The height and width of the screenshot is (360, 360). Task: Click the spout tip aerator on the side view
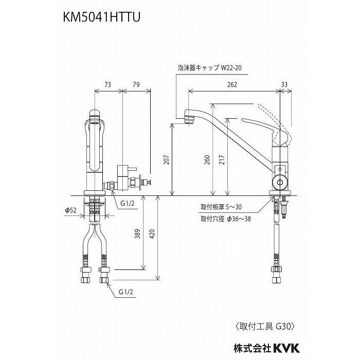(189, 120)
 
